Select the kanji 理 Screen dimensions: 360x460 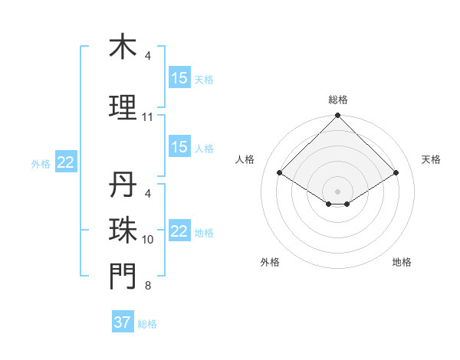123,106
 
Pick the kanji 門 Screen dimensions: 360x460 123,276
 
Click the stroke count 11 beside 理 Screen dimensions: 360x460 148,117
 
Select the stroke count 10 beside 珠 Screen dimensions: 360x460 148,240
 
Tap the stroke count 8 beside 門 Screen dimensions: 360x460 148,286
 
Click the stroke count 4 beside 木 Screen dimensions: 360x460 148,56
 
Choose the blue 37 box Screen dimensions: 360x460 123,322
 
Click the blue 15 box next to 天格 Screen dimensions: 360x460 179,77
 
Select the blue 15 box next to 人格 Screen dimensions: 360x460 179,147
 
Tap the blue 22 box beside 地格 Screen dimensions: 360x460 179,231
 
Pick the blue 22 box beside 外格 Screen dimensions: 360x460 66,162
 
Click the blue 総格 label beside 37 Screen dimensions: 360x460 147,324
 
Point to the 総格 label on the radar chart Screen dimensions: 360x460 337,100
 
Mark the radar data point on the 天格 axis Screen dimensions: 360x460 396,173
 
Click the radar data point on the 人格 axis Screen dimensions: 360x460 280,173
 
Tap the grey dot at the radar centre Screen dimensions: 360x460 337,190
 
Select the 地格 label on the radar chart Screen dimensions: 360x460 402,262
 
